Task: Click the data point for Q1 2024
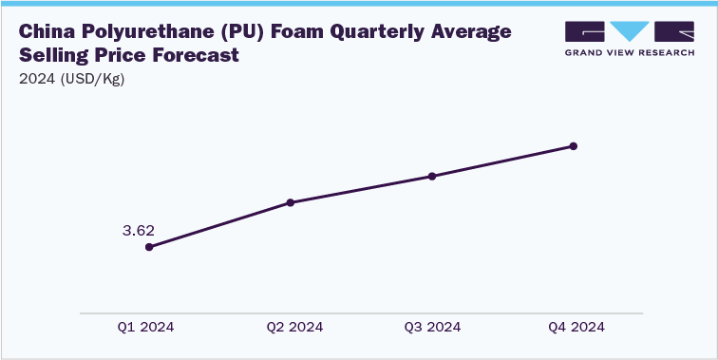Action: click(149, 247)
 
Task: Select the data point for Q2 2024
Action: click(291, 202)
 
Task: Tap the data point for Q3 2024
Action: click(432, 176)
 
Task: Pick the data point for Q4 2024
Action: click(574, 146)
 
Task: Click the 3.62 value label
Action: click(139, 230)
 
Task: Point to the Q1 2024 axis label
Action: click(146, 327)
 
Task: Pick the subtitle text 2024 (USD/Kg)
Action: click(71, 79)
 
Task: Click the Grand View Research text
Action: click(631, 53)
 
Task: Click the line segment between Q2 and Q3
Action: click(361, 189)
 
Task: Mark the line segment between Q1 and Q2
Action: click(219, 225)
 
